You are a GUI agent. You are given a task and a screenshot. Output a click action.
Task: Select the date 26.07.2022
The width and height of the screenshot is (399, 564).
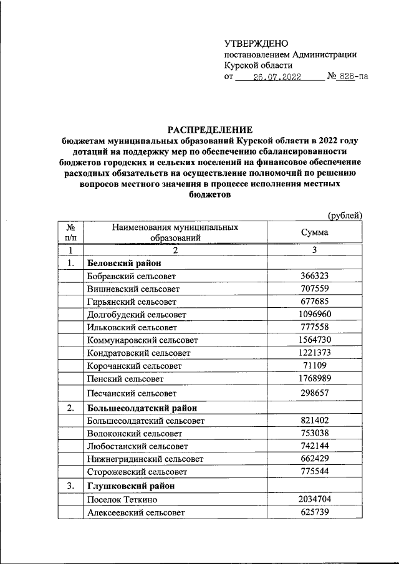click(277, 77)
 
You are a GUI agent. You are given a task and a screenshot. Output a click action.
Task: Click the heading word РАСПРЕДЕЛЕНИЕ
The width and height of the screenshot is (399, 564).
click(209, 130)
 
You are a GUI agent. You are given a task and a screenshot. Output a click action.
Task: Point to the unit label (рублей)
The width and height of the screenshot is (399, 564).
click(345, 215)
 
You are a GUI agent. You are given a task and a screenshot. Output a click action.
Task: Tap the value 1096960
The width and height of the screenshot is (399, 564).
click(314, 314)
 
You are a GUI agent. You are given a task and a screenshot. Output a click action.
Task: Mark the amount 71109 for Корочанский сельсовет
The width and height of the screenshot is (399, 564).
click(314, 365)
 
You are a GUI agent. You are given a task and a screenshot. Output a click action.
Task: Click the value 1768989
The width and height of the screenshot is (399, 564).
click(314, 378)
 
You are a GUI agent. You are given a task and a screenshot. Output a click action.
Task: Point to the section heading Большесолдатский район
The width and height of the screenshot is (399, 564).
click(142, 408)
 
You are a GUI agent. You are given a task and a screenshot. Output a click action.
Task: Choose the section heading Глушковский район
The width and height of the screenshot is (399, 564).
click(131, 485)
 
